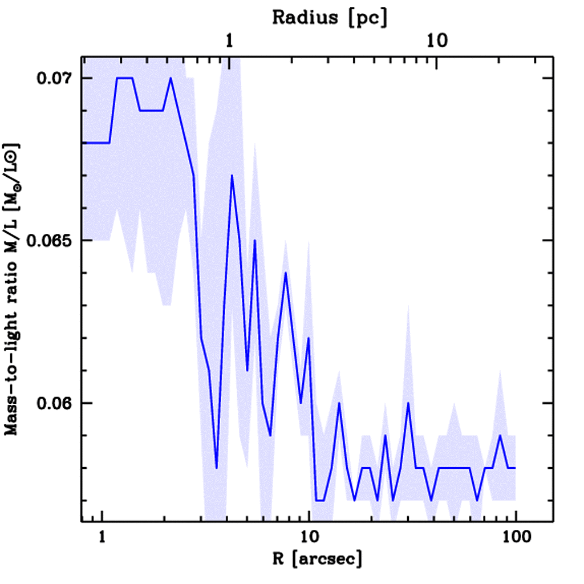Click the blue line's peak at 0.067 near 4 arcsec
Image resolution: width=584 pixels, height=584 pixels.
coord(232,176)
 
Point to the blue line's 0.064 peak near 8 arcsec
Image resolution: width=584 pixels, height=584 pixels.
coord(286,273)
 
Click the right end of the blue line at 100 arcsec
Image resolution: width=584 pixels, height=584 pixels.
coord(515,468)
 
